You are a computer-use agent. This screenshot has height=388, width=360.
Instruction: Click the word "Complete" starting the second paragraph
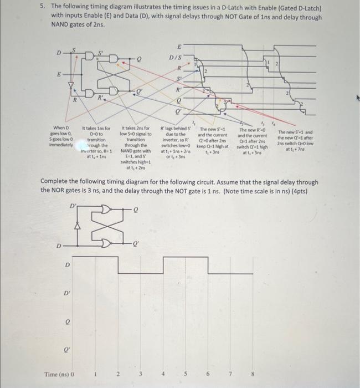click(58, 182)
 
